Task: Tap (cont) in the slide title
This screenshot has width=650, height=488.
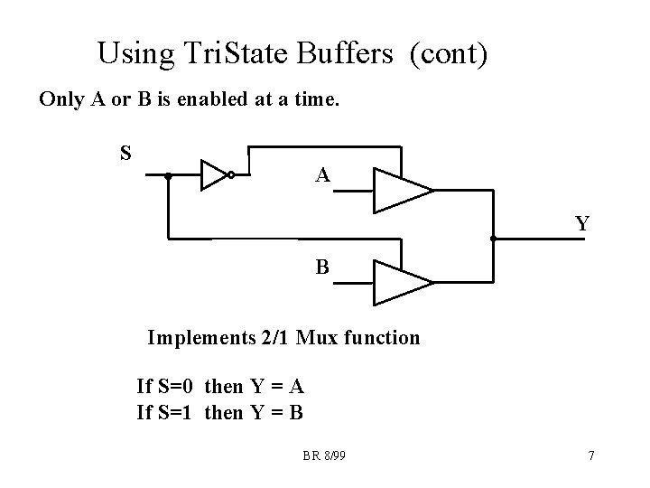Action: point(449,54)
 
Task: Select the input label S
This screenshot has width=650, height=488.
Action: point(126,152)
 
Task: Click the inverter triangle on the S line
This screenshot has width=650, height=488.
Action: point(215,175)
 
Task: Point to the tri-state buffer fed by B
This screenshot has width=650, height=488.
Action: point(402,282)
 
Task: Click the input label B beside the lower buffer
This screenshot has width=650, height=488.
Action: point(322,267)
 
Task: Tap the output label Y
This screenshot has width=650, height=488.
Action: point(582,222)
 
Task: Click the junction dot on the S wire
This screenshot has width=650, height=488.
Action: point(168,176)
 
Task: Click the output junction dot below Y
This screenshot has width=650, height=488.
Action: point(493,239)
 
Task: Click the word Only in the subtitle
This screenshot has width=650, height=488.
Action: point(60,99)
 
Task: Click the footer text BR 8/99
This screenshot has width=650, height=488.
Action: point(324,455)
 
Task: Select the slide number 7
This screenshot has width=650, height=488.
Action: point(590,455)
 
